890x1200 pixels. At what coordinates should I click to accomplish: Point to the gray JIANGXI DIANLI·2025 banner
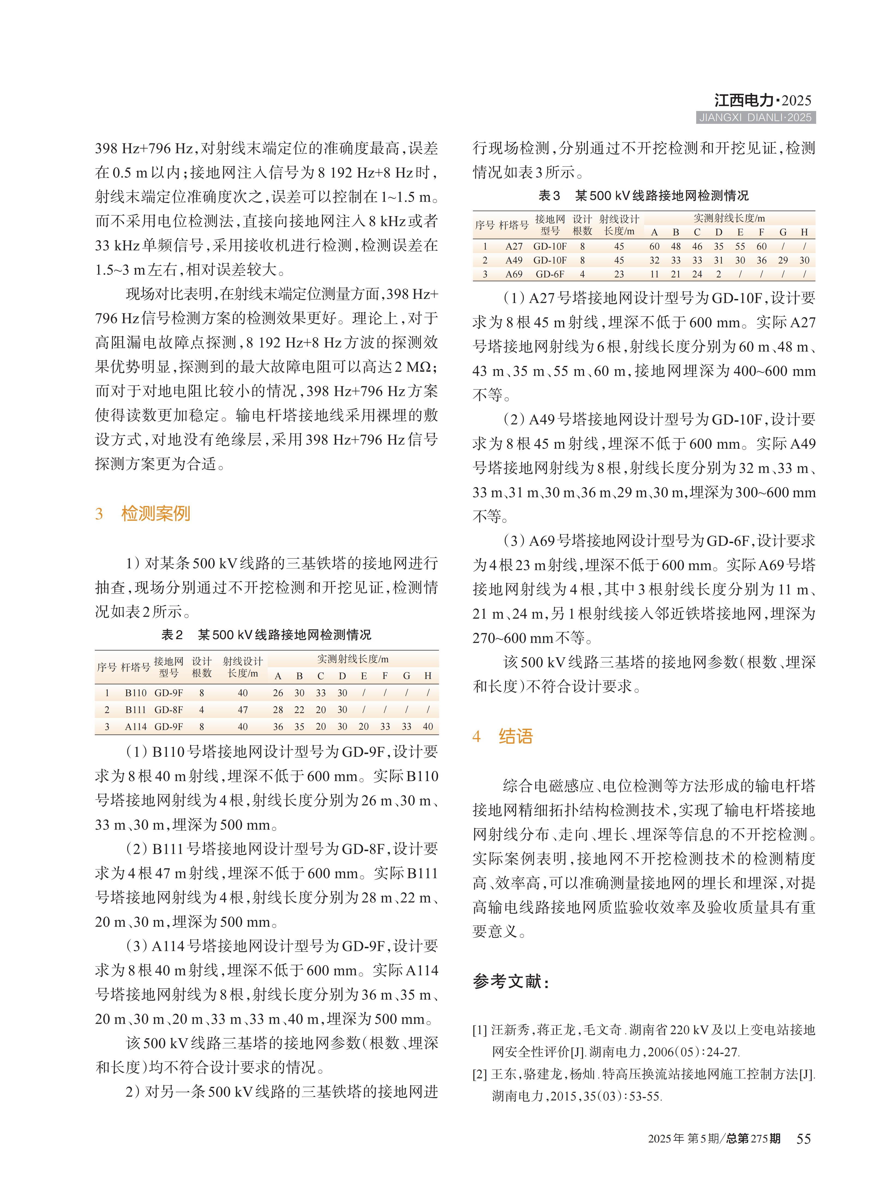(755, 118)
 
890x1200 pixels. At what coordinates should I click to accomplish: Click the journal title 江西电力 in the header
(743, 100)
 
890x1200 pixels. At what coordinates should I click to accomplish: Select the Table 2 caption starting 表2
(266, 635)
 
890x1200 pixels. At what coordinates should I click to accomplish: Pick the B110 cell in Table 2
(136, 693)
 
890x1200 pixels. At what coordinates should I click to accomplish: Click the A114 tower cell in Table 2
(136, 727)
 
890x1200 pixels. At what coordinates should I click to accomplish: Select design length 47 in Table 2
(243, 710)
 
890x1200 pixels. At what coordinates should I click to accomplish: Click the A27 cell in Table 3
(514, 246)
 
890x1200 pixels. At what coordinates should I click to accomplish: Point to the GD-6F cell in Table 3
(550, 274)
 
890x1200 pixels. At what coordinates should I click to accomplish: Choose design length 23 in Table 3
(619, 274)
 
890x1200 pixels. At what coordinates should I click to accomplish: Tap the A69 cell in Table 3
(514, 274)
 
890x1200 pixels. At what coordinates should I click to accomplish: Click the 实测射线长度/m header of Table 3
(729, 218)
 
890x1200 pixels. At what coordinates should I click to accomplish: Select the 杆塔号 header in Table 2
(135, 668)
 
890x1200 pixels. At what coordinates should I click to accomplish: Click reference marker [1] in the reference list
(480, 1030)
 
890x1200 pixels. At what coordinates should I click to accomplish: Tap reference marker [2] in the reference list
(480, 1075)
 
